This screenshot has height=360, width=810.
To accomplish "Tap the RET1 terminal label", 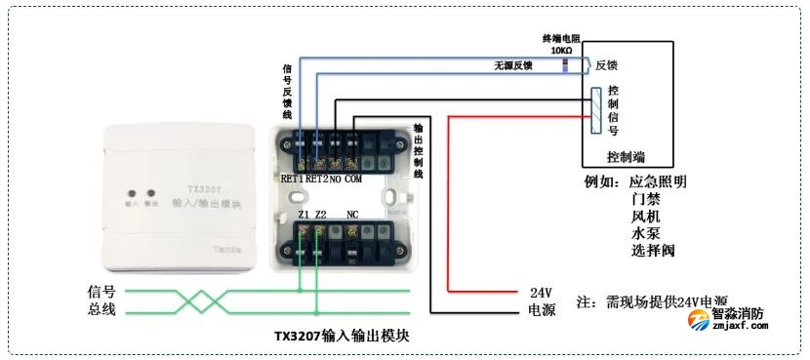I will click(x=293, y=180).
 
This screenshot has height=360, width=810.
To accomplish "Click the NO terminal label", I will click(x=335, y=180).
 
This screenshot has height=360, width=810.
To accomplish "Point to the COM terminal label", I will click(x=352, y=180).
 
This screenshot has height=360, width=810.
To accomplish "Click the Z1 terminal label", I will click(x=303, y=214).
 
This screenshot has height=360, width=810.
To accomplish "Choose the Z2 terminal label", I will click(x=320, y=214).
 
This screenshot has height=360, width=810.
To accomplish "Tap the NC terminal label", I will click(x=352, y=214).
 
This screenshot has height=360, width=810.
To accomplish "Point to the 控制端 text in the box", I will click(x=624, y=156).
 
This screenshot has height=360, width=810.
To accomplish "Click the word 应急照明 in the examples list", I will click(x=658, y=181).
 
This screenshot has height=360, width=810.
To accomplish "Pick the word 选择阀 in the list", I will click(x=653, y=251).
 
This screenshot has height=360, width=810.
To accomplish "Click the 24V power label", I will click(x=541, y=293).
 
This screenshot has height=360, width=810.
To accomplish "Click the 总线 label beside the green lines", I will click(x=101, y=309).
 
